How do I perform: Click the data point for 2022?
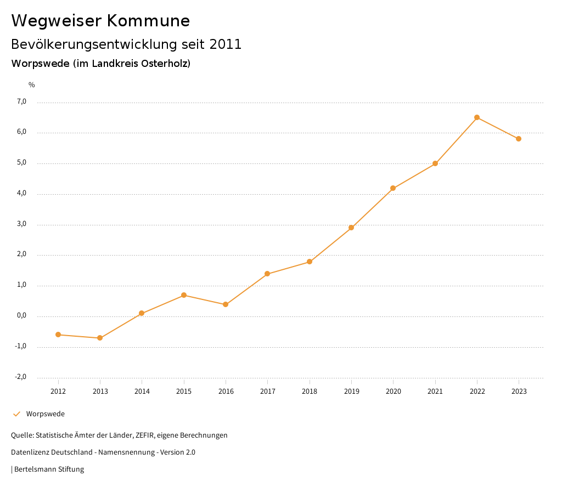(477, 117)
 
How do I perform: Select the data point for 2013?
(100, 338)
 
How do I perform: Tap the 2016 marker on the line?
(226, 304)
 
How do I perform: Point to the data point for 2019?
(351, 228)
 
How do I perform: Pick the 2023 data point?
(519, 139)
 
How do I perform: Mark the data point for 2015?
(184, 295)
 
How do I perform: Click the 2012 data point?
(58, 335)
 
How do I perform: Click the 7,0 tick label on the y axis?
(22, 101)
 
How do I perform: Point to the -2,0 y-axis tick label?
(21, 377)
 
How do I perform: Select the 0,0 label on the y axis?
(22, 316)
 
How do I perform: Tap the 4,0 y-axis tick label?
(22, 194)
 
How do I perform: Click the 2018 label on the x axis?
(310, 391)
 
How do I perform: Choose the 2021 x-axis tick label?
(435, 391)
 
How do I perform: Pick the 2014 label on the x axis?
(142, 391)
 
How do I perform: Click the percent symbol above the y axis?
(32, 85)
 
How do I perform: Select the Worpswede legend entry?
(45, 414)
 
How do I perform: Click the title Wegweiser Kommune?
(100, 21)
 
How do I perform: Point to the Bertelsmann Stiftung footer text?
(49, 469)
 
